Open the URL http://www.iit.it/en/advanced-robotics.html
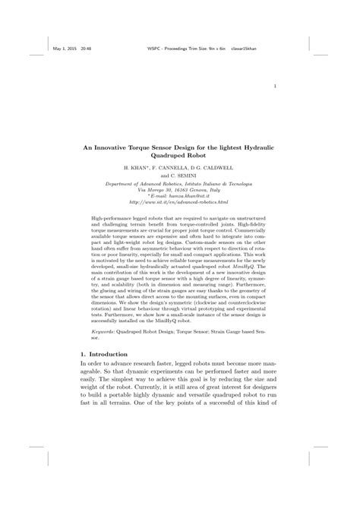click(x=178, y=204)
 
